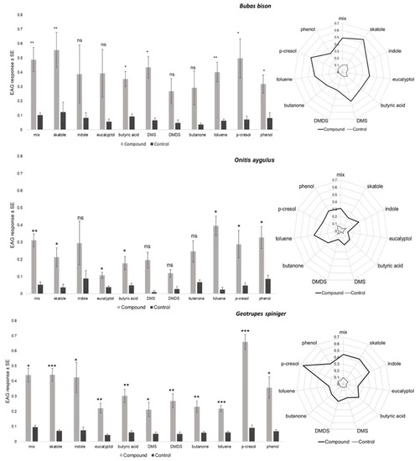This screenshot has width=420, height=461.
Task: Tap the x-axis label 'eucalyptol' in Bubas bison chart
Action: point(105,137)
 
